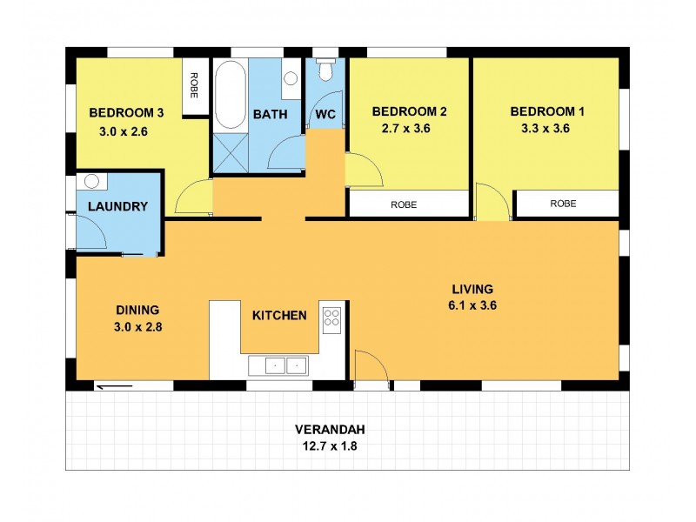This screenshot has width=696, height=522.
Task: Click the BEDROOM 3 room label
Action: click(x=126, y=112)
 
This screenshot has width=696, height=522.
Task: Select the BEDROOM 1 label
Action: click(x=546, y=111)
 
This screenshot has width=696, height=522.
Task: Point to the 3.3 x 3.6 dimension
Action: click(x=546, y=128)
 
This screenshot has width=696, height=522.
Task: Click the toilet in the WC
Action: click(x=325, y=70)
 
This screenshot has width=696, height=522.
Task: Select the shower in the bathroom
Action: click(x=231, y=154)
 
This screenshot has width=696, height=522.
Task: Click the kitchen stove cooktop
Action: click(x=331, y=318)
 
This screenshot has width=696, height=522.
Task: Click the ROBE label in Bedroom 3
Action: click(x=195, y=88)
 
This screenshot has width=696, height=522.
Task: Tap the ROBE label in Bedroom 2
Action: click(x=403, y=204)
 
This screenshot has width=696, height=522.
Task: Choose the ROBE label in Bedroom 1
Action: click(x=563, y=204)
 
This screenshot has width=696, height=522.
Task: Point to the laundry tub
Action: click(x=91, y=181)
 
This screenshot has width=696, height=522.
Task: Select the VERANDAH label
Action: click(x=329, y=429)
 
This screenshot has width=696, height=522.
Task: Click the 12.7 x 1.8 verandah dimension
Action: click(x=329, y=446)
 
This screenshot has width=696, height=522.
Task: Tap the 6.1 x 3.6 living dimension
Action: click(x=472, y=305)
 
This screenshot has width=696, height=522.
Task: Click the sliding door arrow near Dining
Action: click(x=114, y=387)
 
